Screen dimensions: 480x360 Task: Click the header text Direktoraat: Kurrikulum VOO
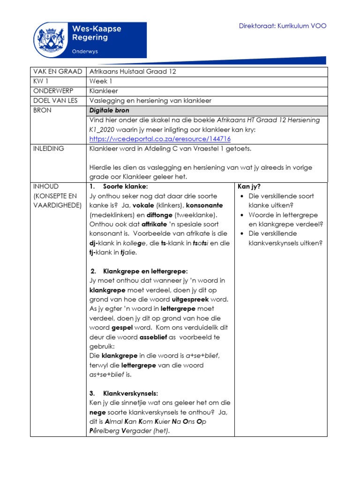click(283, 26)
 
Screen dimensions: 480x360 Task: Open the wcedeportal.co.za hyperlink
click(160, 139)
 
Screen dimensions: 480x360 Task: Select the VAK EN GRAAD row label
click(57, 72)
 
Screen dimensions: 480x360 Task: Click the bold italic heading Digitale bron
click(109, 111)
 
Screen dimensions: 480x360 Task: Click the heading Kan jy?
click(249, 187)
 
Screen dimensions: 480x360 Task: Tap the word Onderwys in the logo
click(84, 51)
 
